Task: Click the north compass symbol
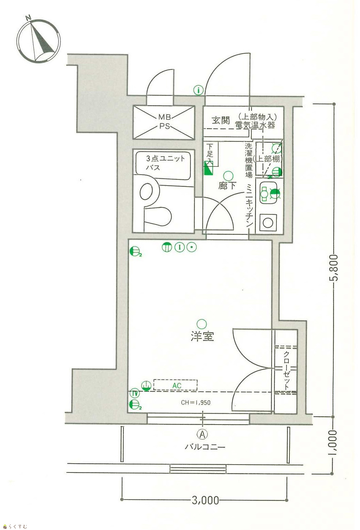(38, 41)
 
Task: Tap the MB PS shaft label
(164, 122)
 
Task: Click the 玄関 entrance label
(221, 120)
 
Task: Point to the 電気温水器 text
(255, 125)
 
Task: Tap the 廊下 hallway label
(227, 186)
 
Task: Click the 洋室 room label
(202, 336)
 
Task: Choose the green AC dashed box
(175, 385)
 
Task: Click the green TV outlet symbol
(135, 393)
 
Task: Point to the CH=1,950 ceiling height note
(196, 403)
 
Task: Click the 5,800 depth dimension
(334, 267)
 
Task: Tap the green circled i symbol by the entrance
(198, 90)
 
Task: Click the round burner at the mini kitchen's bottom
(268, 223)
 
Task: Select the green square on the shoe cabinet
(209, 168)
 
